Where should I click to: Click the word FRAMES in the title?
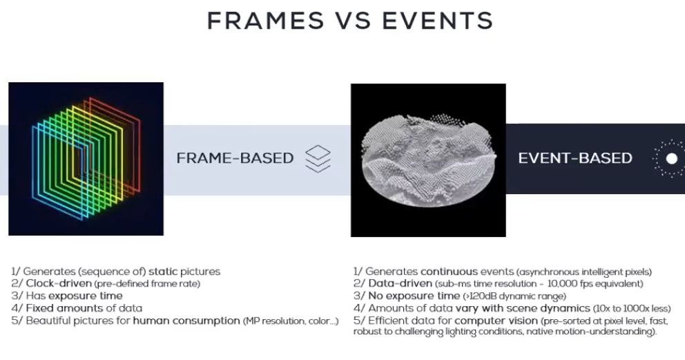click(266, 21)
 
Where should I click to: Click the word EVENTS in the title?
click(438, 21)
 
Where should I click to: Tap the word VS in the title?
click(353, 21)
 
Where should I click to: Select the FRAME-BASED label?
click(235, 158)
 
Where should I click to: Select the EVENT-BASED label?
click(575, 158)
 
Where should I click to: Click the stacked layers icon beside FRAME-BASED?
click(318, 159)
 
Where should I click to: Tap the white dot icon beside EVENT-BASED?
click(671, 159)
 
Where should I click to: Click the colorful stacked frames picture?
click(86, 159)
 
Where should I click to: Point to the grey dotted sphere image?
click(428, 160)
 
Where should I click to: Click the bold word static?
click(163, 272)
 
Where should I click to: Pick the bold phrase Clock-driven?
click(59, 283)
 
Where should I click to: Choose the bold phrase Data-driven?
click(401, 283)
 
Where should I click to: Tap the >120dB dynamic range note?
click(514, 296)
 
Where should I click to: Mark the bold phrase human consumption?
click(186, 321)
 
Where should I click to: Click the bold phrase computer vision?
click(496, 321)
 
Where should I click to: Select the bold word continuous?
click(449, 272)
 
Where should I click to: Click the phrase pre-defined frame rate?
click(147, 284)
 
